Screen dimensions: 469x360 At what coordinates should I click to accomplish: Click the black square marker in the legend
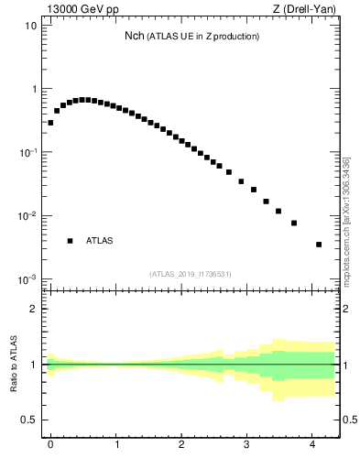[x=70, y=241]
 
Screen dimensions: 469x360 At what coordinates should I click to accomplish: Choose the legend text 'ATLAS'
[x=100, y=241]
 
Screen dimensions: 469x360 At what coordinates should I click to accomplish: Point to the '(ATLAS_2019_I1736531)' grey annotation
[x=191, y=274]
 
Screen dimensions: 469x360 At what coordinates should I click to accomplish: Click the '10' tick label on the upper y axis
[x=31, y=26]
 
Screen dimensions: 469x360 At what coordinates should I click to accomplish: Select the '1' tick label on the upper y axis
[x=34, y=89]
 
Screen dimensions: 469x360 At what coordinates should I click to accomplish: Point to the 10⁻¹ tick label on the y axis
[x=28, y=152]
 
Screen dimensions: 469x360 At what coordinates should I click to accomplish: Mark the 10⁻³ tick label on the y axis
[x=28, y=279]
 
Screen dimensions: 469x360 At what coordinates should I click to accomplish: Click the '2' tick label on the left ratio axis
[x=34, y=309]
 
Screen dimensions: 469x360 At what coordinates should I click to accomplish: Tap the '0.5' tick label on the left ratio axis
[x=30, y=420]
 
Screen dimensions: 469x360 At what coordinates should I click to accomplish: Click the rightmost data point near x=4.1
[x=319, y=245]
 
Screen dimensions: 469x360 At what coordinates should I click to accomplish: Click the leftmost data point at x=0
[x=50, y=122]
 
